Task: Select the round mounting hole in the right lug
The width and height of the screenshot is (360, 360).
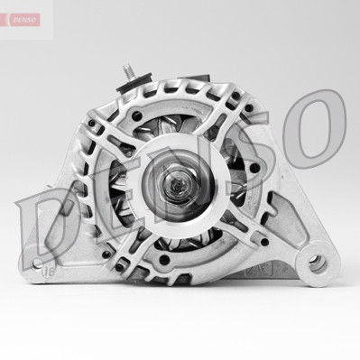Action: point(315,264)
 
